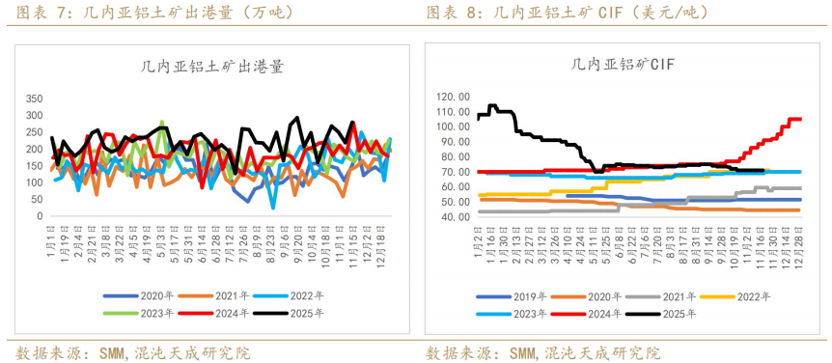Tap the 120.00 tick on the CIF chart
[453, 97]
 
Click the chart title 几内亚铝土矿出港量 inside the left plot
[205, 67]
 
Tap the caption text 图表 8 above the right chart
[454, 13]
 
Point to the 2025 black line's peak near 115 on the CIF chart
[492, 105]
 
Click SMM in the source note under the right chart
[523, 352]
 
